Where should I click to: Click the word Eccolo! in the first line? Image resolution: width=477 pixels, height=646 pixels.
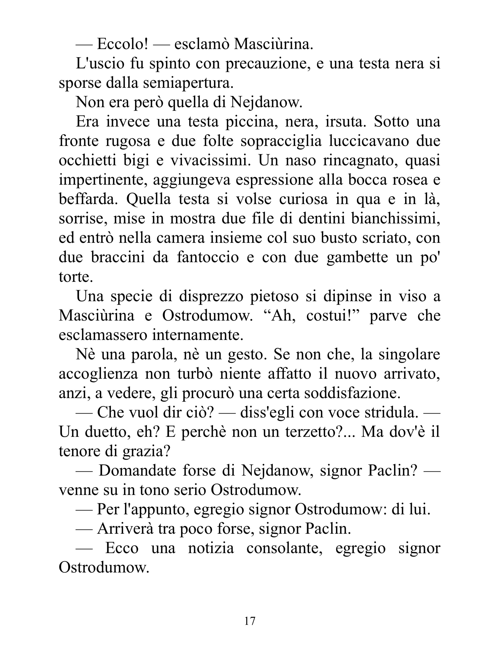(123, 44)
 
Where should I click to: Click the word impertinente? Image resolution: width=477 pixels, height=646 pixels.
(103, 180)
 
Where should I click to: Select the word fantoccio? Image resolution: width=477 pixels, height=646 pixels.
(208, 257)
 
